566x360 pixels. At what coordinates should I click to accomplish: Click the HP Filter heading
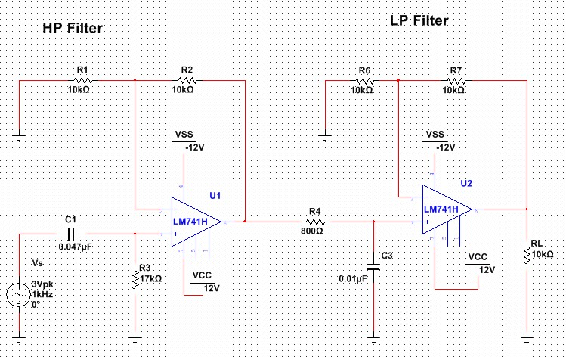(71, 28)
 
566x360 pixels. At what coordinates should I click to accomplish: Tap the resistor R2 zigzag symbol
(187, 79)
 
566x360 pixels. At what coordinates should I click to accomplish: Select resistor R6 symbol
(363, 79)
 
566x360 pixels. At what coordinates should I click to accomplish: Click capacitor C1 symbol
(72, 234)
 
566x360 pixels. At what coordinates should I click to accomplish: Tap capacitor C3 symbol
(373, 265)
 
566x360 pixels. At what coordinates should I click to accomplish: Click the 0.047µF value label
(75, 247)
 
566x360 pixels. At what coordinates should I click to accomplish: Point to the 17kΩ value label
(150, 278)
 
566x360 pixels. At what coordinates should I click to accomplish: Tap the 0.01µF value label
(353, 279)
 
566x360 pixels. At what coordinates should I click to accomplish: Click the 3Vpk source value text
(40, 284)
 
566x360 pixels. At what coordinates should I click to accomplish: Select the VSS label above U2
(435, 134)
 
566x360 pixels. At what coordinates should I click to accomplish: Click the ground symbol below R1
(18, 138)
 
